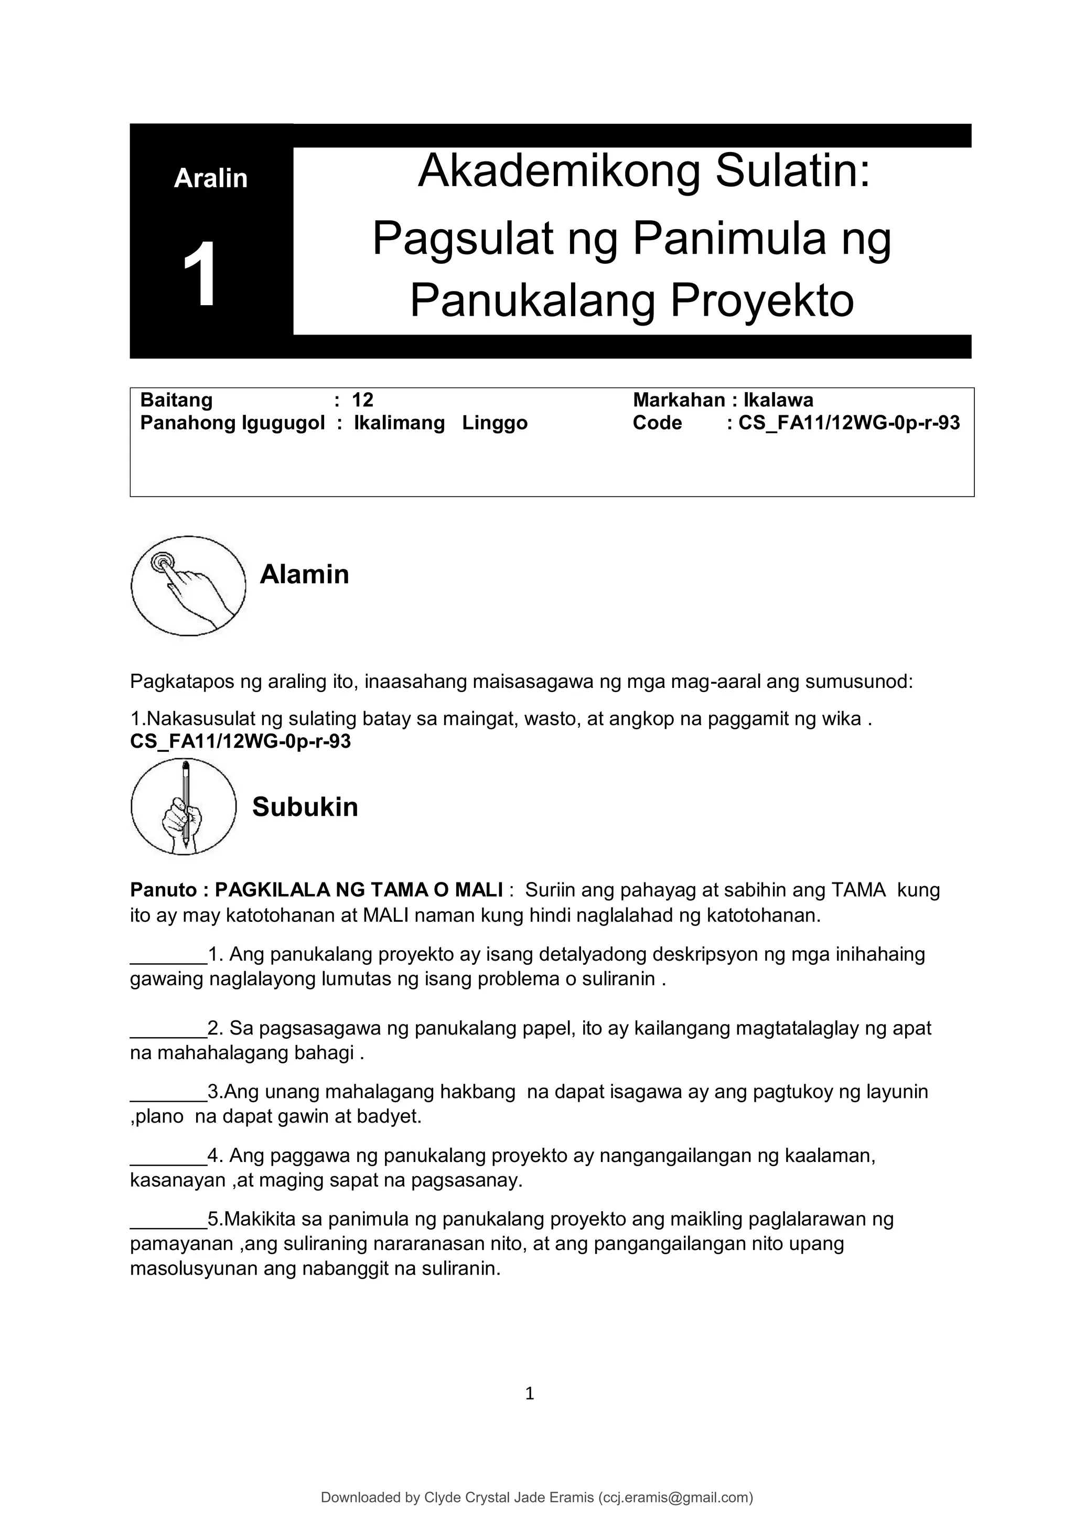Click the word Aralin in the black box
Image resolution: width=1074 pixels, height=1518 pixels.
210,178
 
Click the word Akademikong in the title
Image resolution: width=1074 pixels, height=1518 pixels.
559,170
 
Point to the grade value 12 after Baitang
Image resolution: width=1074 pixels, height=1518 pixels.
362,400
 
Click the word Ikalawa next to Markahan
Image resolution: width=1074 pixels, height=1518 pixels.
778,400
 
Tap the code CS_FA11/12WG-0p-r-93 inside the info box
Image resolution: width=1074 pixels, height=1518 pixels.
849,423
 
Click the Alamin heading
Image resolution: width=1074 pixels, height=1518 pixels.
304,574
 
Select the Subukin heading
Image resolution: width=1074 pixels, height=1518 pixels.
305,808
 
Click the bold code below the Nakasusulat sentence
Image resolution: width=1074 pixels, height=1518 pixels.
240,741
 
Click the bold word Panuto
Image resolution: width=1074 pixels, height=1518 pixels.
163,890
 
